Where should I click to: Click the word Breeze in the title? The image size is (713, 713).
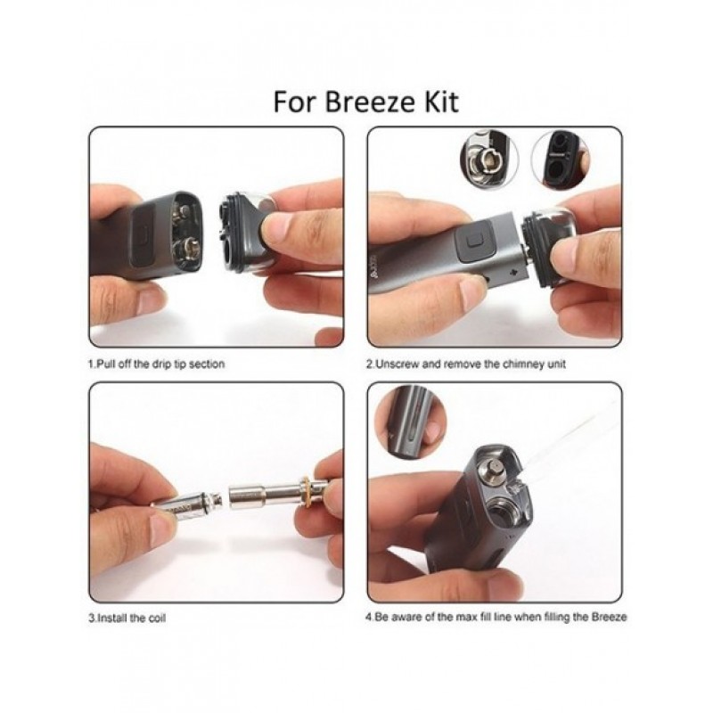(370, 102)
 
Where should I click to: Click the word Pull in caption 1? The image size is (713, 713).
(103, 365)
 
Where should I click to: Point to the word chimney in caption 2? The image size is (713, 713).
(519, 365)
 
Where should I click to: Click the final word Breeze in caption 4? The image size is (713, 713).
(610, 618)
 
